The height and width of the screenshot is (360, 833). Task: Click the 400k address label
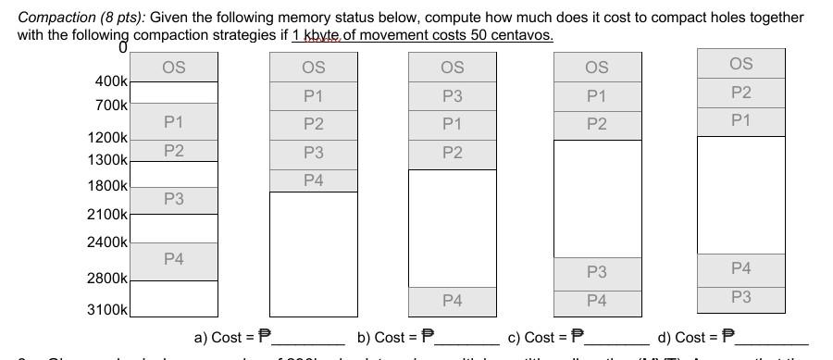point(111,81)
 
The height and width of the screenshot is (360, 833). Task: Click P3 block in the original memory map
point(173,199)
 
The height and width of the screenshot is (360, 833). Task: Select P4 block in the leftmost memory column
point(173,260)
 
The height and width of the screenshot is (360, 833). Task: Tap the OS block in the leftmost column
point(173,67)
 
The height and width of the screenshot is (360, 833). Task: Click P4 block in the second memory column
point(314,180)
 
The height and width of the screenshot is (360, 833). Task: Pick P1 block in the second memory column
point(314,95)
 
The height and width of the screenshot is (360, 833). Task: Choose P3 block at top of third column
point(453,95)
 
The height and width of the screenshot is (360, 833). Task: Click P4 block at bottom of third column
point(453,300)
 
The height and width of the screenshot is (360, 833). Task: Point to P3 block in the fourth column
point(597,272)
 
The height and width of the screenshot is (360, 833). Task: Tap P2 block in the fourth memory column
point(597,124)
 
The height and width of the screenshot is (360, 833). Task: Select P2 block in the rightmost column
point(740,92)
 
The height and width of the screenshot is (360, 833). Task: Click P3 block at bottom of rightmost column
point(740,297)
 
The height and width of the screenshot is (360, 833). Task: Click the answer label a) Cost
point(223,338)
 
